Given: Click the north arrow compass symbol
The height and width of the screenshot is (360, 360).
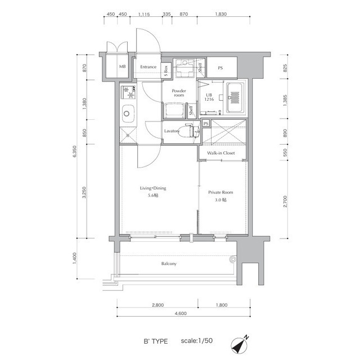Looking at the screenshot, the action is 240,345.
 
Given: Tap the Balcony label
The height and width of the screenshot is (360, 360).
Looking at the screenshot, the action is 169,264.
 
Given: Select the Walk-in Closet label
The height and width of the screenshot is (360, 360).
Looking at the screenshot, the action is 221,153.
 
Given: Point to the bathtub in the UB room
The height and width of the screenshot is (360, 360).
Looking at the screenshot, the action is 235,97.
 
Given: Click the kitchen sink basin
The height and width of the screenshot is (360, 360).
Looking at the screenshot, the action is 128,114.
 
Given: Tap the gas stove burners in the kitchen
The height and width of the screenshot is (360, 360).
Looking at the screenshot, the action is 128,92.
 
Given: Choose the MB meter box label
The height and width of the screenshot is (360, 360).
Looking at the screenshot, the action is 123,66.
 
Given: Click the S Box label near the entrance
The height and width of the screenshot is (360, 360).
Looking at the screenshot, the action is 166,71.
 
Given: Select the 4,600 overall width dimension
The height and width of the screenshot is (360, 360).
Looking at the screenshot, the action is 181,313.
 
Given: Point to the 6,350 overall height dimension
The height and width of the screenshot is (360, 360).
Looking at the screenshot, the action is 74,151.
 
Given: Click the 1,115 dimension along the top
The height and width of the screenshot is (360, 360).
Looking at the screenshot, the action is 144,14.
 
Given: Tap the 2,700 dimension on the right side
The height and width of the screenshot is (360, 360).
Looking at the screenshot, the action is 285,201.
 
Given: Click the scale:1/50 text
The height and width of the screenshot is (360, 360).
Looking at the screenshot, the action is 197,340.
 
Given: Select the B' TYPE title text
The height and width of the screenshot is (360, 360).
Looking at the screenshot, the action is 156,341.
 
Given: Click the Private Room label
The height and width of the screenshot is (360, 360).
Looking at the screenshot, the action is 220,192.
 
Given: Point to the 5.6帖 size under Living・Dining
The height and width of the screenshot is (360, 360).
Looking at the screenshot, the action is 153,196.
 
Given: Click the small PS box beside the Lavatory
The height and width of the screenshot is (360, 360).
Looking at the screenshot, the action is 206,124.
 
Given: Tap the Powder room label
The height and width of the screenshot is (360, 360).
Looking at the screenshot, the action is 179,93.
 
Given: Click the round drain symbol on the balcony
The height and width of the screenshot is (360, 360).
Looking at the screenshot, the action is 233,259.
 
